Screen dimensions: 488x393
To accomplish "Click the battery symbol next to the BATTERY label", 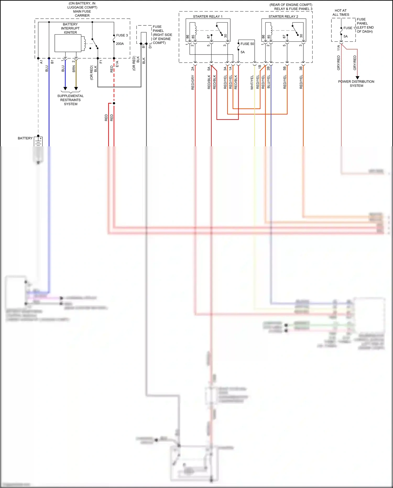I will pos(38,142).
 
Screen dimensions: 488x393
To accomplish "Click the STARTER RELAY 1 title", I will pos(208,17).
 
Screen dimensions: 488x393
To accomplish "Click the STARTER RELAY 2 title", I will pos(283,17).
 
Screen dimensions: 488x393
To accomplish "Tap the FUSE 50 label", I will pos(247,44).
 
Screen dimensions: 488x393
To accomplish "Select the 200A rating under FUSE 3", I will pos(120,44).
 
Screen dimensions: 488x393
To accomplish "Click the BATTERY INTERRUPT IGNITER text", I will pos(70,28).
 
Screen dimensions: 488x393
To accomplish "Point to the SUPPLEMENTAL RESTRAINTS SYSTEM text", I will pos(70,100).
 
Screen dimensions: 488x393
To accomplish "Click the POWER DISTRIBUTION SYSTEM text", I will pos(356,84).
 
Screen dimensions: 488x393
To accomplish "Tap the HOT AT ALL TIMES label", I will pos(341,13).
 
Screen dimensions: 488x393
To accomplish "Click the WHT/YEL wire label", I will pos(252,82).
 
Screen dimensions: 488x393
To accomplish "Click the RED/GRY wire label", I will pos(193,82).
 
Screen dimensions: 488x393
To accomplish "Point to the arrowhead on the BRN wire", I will pos(76,89).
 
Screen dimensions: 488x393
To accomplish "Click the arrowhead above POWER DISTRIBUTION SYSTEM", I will pos(357,78).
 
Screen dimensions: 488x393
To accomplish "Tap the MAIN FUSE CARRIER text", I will pos(82,13).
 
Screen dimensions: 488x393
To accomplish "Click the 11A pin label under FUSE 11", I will pos(339,47).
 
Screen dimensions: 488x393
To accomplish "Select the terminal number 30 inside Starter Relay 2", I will pos(301,36).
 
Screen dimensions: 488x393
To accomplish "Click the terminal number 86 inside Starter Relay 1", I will pos(188,37).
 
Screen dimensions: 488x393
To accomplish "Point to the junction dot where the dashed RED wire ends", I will pos(114,103).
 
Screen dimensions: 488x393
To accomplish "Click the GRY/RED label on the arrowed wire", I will pos(355,63).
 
